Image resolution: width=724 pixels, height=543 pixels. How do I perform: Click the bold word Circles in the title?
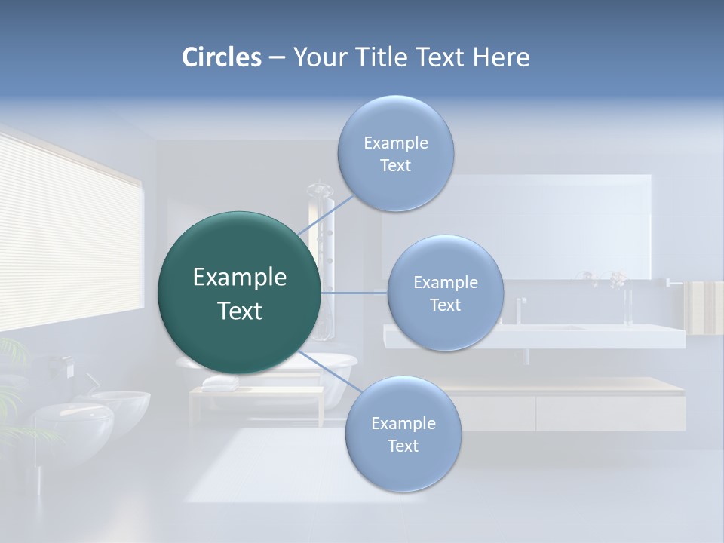pyautogui.click(x=221, y=57)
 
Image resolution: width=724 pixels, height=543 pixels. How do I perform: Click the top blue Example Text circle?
pyautogui.click(x=395, y=154)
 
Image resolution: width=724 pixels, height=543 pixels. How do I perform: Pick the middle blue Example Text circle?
pyautogui.click(x=445, y=293)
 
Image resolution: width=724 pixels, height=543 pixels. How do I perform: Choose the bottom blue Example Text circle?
pyautogui.click(x=403, y=434)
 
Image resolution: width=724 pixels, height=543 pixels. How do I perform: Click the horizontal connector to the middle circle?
pyautogui.click(x=354, y=293)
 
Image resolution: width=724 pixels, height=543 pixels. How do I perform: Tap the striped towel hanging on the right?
pyautogui.click(x=704, y=307)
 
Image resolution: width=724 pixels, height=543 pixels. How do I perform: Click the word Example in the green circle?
pyautogui.click(x=239, y=278)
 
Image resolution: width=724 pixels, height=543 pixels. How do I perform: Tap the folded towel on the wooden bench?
pyautogui.click(x=219, y=383)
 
